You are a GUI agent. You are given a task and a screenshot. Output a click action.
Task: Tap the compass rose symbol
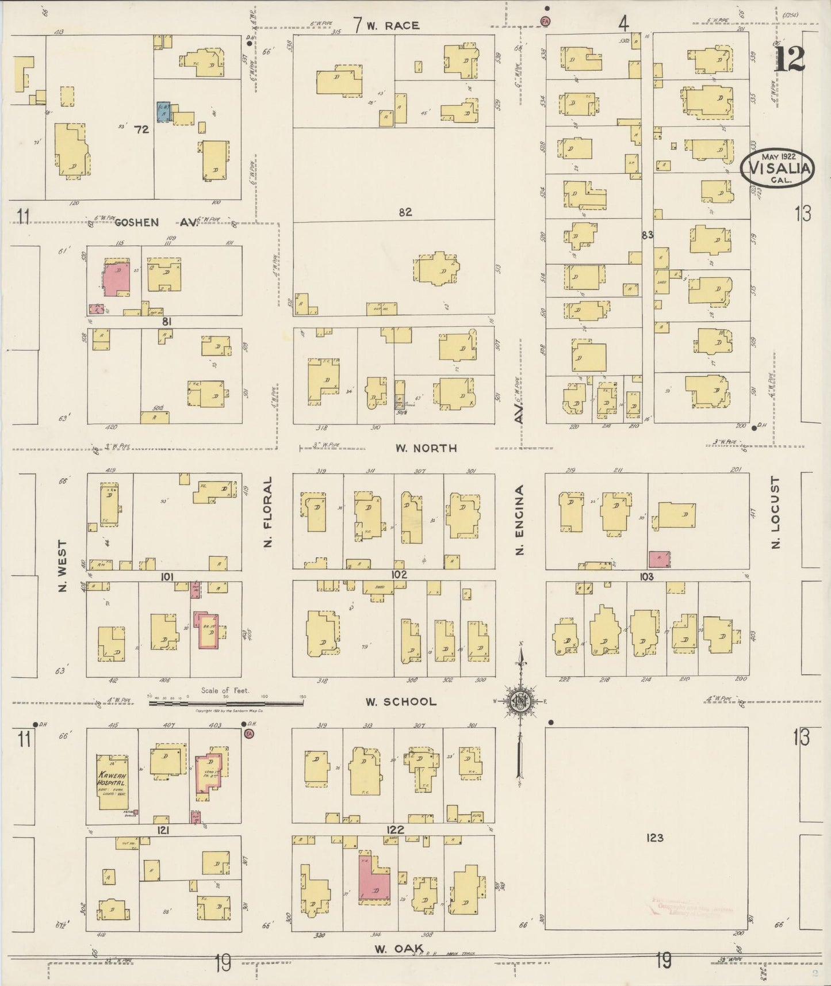521,701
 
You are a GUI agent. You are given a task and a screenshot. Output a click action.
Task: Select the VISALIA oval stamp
778,168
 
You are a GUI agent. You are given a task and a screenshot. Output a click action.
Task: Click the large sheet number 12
789,59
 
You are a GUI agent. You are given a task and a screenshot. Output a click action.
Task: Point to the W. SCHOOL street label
401,702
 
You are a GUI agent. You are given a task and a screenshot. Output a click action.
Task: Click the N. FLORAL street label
267,511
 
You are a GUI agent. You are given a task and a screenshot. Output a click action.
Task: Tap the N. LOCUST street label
775,513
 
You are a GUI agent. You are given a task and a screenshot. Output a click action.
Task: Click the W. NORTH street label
426,448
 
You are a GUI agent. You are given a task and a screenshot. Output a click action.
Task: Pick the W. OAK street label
399,949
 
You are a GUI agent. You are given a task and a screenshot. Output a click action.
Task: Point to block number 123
654,838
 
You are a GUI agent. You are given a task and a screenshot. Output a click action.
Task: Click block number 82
405,212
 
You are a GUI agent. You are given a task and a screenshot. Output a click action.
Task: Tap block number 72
141,130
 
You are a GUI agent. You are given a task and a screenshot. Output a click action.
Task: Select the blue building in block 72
164,111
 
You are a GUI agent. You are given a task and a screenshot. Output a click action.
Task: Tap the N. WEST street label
63,565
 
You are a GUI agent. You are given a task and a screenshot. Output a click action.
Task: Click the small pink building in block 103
658,559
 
